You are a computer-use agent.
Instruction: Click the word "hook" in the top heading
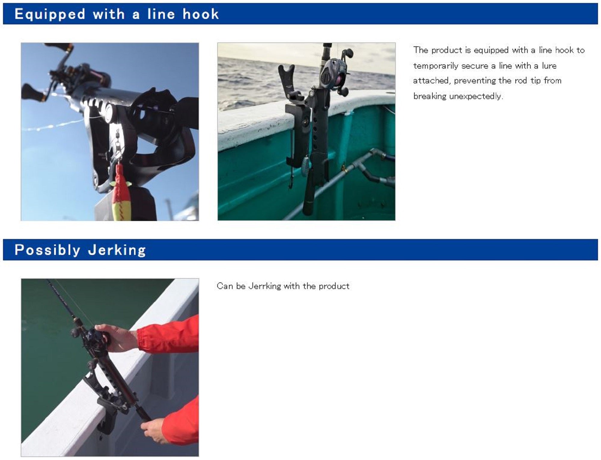coord(200,14)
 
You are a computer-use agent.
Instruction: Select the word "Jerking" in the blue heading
coord(117,250)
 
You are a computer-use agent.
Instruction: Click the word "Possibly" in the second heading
coord(47,250)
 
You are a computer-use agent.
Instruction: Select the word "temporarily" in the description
coord(435,66)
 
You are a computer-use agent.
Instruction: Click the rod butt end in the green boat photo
coord(308,208)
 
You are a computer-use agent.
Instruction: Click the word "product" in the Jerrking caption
coord(334,286)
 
